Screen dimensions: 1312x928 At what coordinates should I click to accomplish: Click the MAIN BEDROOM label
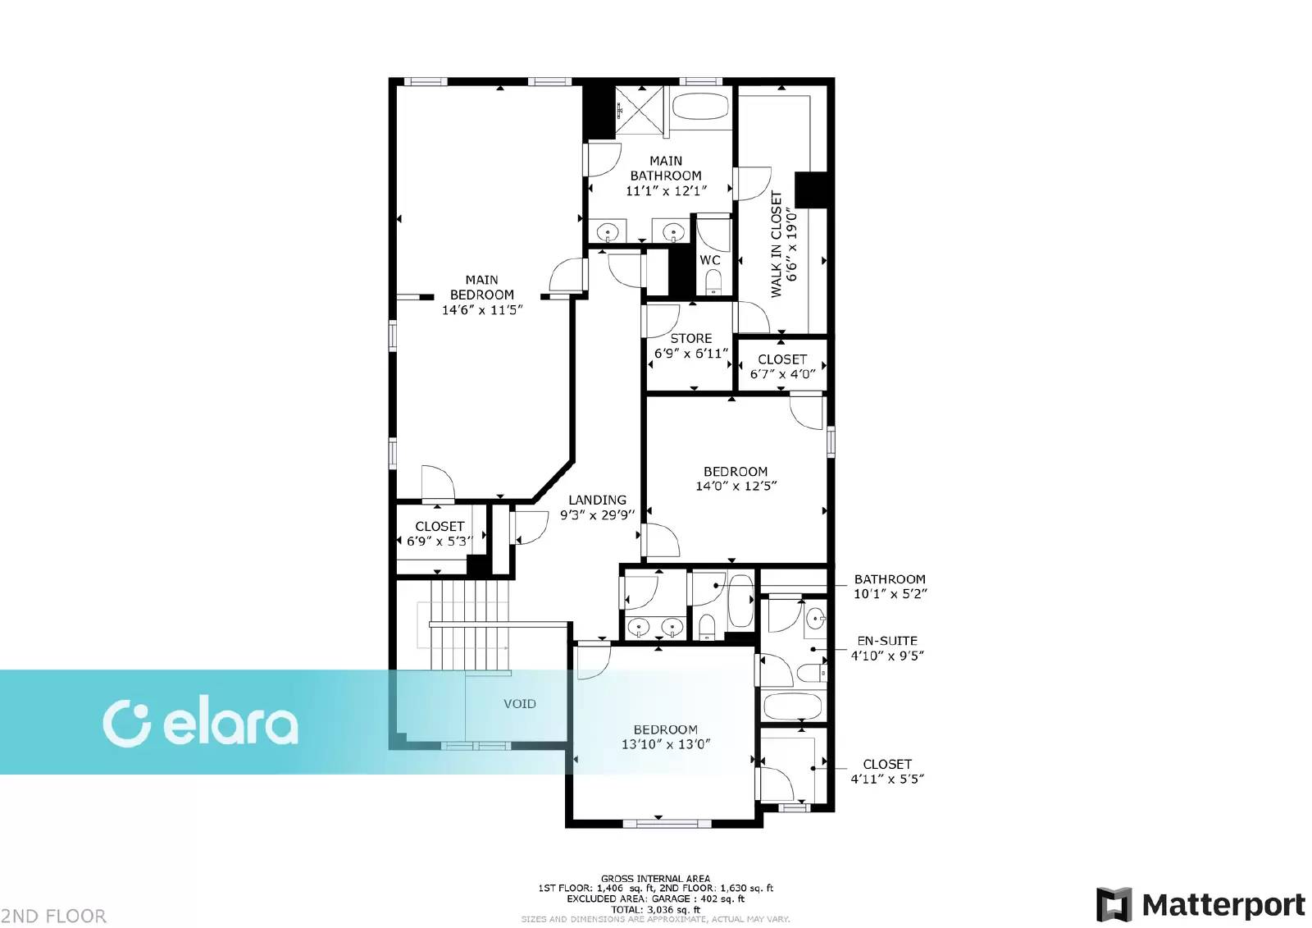pyautogui.click(x=481, y=287)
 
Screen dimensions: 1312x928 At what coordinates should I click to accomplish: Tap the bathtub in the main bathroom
pyautogui.click(x=700, y=107)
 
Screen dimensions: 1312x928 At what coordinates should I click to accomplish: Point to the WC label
pyautogui.click(x=710, y=260)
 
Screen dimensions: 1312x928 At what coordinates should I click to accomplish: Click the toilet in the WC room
pyautogui.click(x=713, y=282)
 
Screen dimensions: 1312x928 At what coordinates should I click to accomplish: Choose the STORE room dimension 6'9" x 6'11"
pyautogui.click(x=691, y=354)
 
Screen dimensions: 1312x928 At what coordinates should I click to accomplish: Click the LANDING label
pyautogui.click(x=598, y=500)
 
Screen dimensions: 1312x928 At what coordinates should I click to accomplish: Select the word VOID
pyautogui.click(x=520, y=703)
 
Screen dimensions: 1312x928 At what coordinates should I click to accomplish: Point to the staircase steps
pyautogui.click(x=468, y=625)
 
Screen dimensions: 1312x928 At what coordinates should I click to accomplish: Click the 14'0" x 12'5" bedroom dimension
pyautogui.click(x=736, y=486)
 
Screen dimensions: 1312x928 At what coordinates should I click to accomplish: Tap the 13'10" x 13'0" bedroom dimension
pyautogui.click(x=665, y=744)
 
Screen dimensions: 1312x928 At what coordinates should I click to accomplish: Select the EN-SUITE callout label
pyautogui.click(x=886, y=641)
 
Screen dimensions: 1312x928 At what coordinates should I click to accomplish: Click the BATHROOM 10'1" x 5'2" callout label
pyautogui.click(x=890, y=586)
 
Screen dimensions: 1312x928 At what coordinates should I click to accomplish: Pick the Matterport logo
pyautogui.click(x=1200, y=905)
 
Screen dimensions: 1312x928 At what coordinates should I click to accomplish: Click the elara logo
pyautogui.click(x=200, y=724)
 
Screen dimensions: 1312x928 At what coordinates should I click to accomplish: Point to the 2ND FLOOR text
pyautogui.click(x=53, y=916)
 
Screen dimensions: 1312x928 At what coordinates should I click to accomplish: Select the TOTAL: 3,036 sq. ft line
pyautogui.click(x=655, y=910)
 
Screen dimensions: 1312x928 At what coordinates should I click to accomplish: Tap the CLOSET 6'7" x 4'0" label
pyautogui.click(x=782, y=367)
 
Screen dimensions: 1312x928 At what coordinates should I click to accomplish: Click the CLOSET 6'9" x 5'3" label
pyautogui.click(x=440, y=533)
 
